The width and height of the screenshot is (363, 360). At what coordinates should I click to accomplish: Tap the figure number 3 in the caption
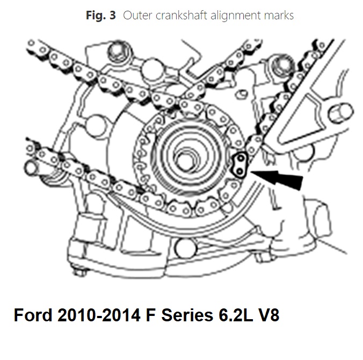tap(112, 16)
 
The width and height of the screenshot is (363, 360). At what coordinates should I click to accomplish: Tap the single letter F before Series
tap(151, 315)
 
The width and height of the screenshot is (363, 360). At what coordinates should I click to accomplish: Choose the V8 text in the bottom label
tap(267, 315)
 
